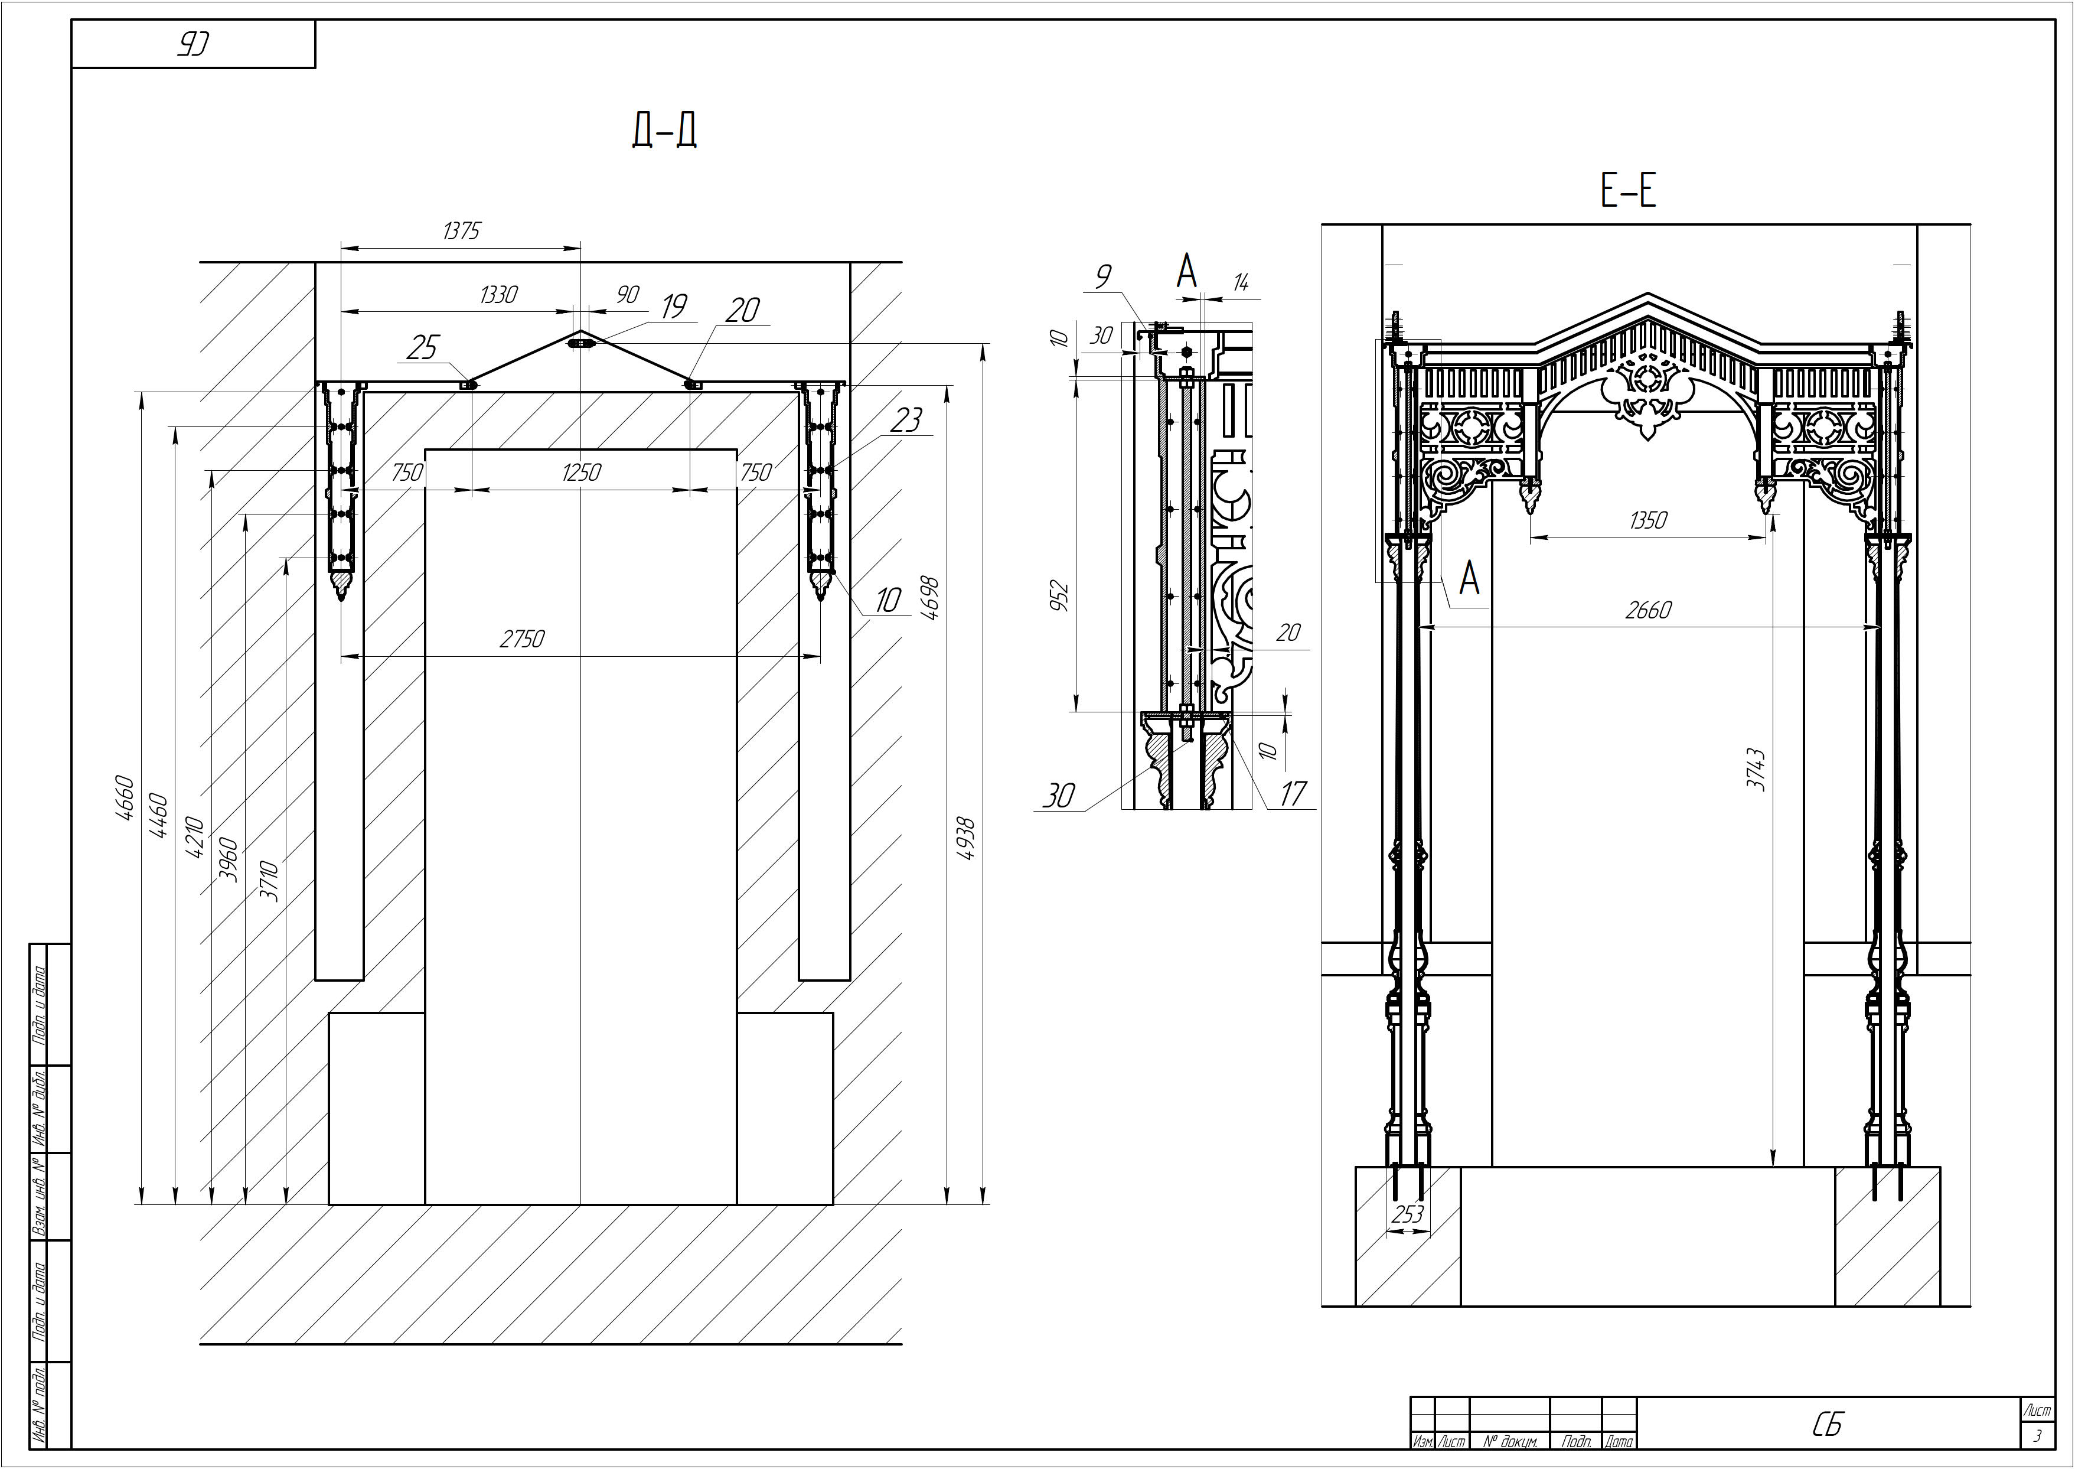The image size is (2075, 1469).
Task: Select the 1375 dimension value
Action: (x=461, y=232)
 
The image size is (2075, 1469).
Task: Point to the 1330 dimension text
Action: (x=498, y=295)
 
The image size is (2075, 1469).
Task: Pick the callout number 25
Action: (x=422, y=347)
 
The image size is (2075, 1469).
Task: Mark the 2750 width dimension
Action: (x=523, y=640)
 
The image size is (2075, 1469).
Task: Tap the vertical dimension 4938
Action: (x=965, y=839)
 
